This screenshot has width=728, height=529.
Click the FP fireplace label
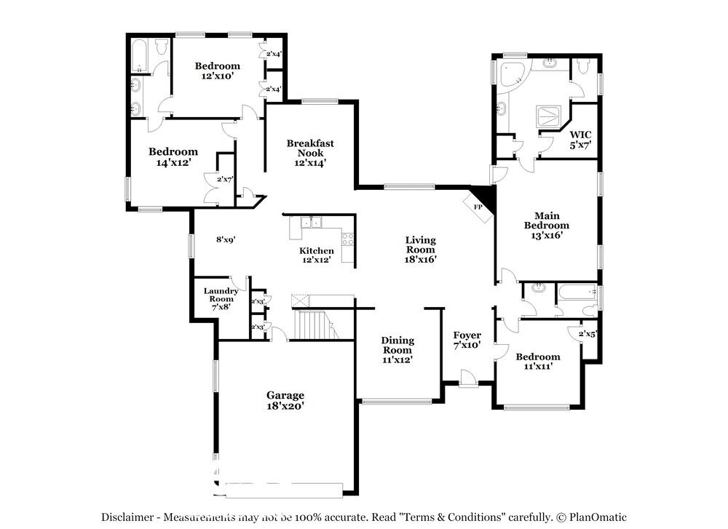point(478,207)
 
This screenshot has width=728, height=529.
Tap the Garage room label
point(285,395)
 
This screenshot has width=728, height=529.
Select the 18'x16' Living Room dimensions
point(420,258)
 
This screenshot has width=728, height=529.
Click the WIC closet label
point(579,135)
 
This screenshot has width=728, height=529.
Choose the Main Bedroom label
point(551,220)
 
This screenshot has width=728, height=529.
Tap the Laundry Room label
point(220,295)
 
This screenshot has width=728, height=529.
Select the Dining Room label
point(397,345)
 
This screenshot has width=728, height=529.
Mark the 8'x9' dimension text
point(226,239)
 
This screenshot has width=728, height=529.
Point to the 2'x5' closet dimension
point(587,334)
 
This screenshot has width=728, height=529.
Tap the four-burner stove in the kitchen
point(348,238)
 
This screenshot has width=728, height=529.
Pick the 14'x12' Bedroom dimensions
point(173,163)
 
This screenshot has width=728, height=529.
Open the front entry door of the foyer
point(469,379)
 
